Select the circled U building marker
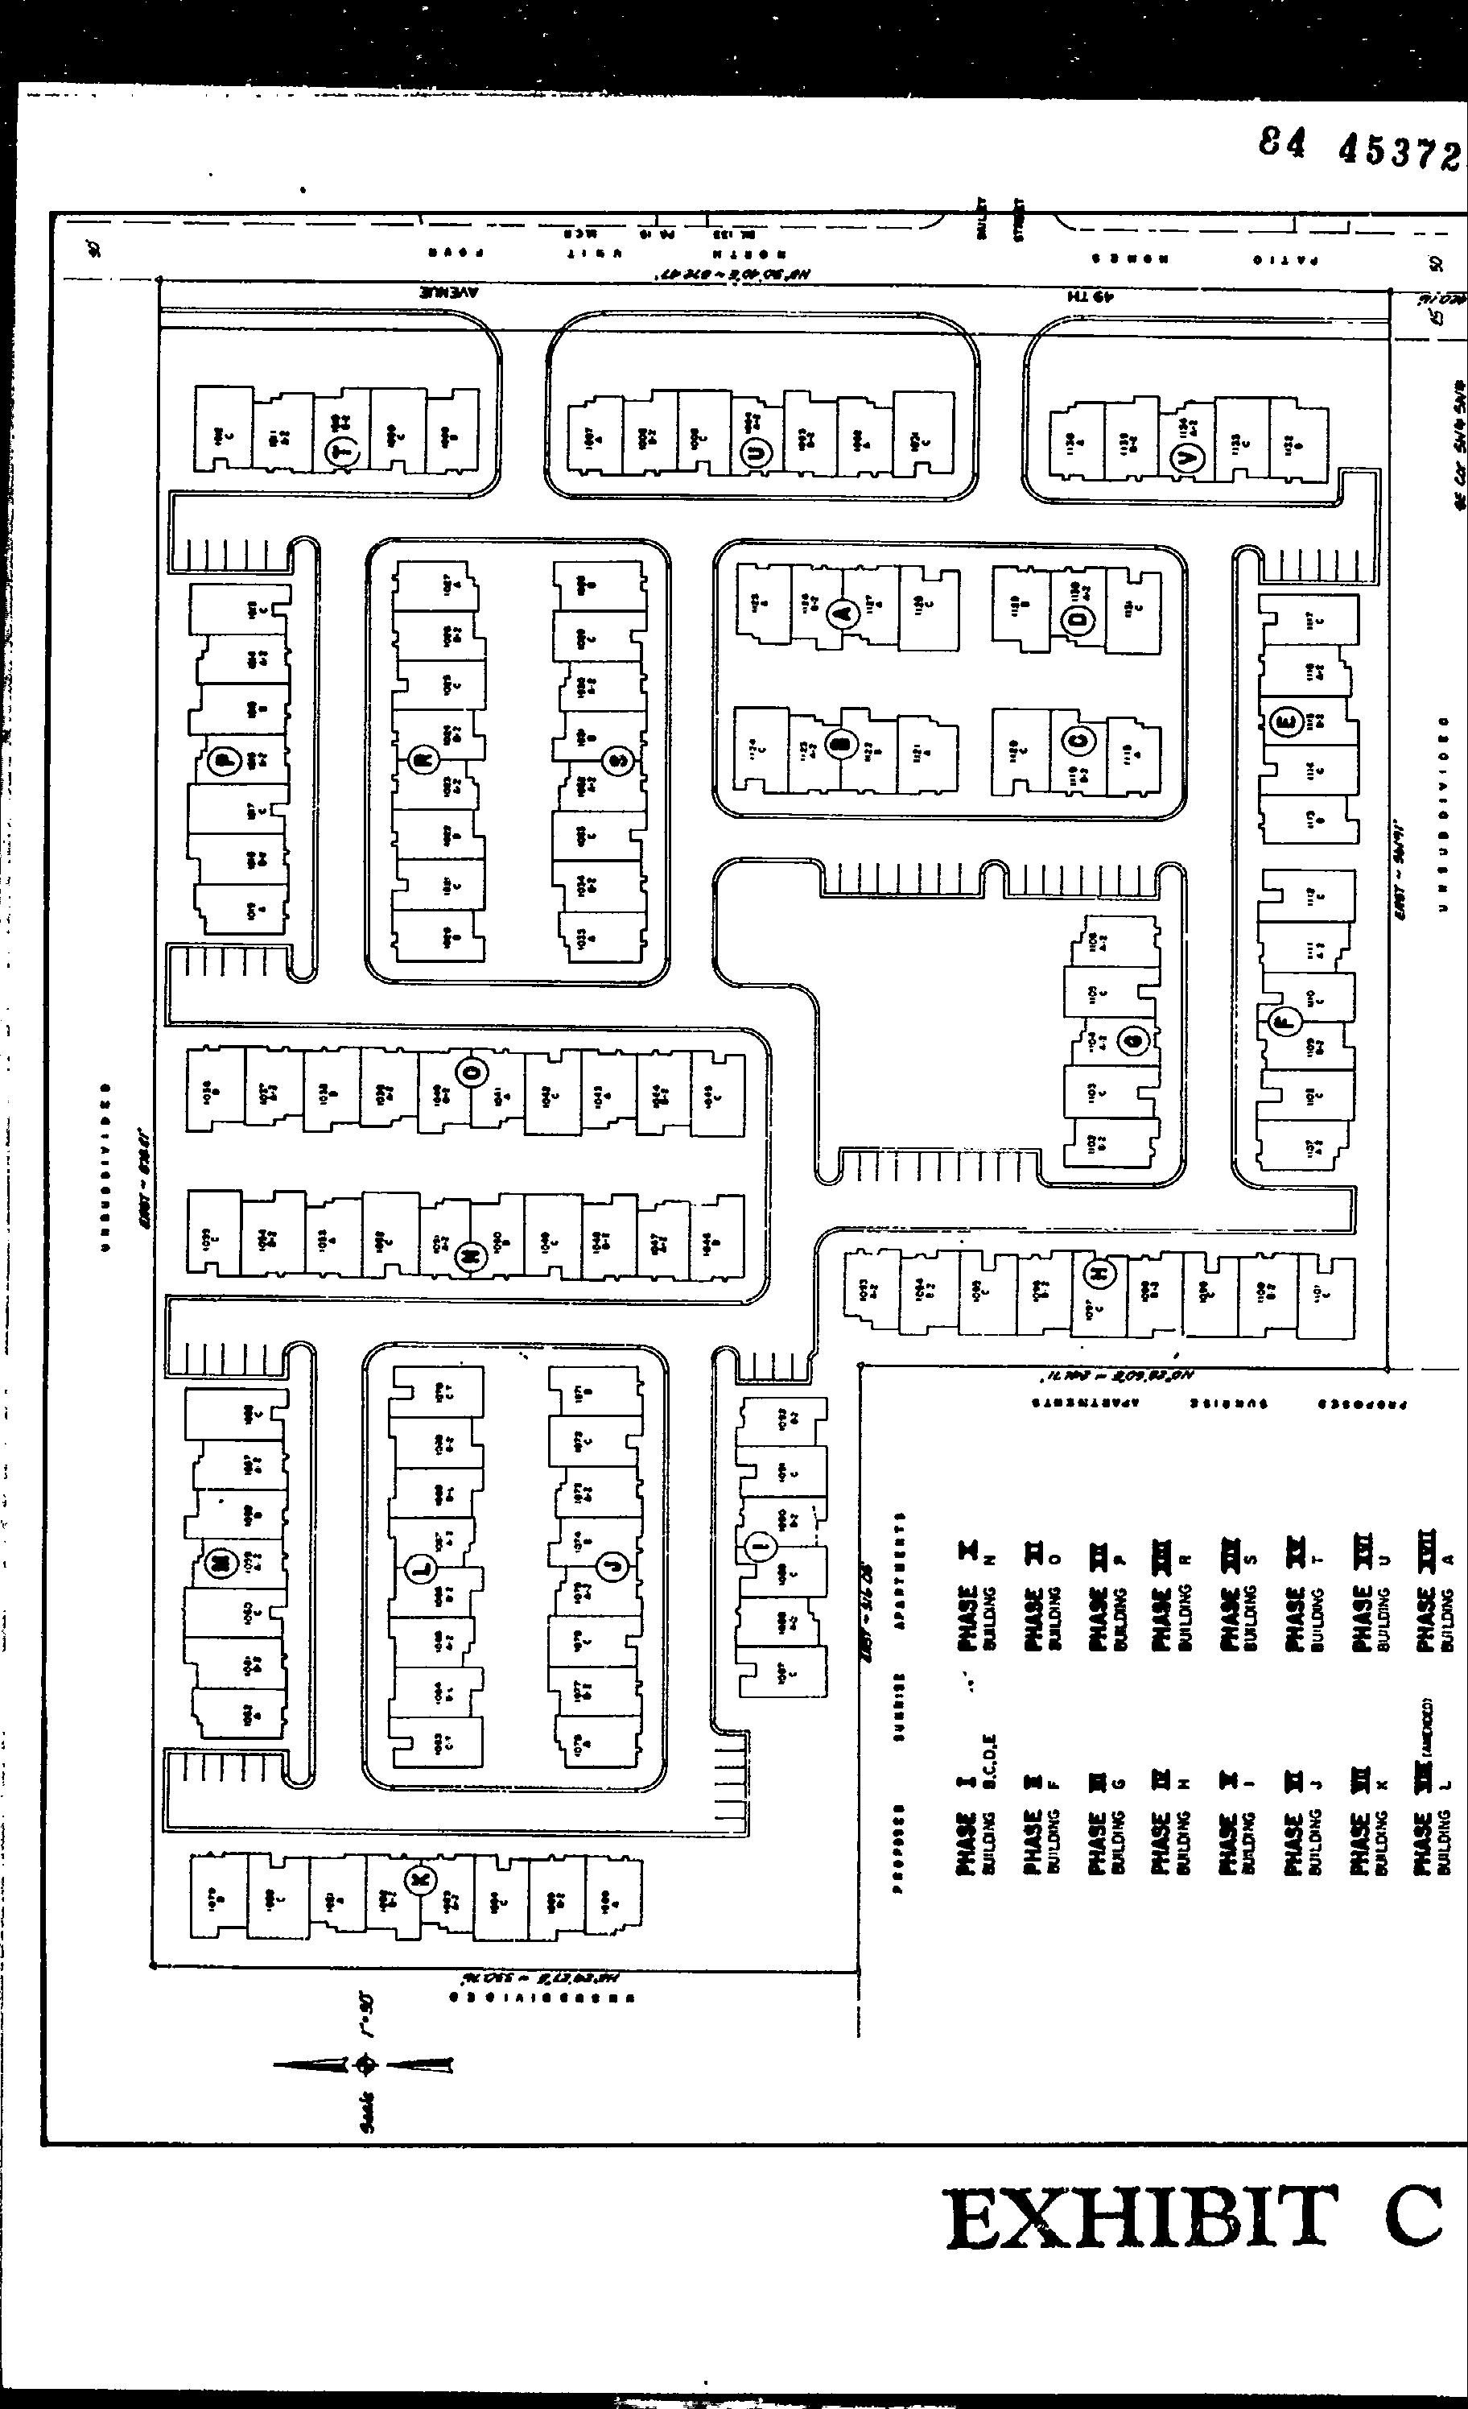[758, 452]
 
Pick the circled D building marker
[1077, 621]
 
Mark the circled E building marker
[1285, 722]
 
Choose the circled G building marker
[1134, 1042]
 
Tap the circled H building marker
[1099, 1274]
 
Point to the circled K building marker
[421, 1879]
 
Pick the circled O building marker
[471, 1072]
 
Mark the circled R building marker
[424, 760]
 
